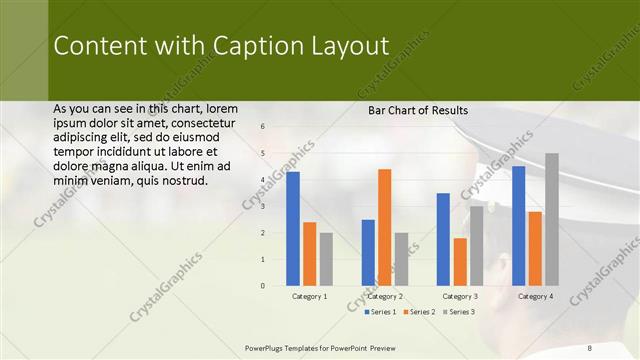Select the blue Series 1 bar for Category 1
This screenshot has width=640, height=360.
click(293, 229)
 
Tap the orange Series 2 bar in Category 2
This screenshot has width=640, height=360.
click(384, 227)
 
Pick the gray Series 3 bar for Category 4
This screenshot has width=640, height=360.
click(551, 219)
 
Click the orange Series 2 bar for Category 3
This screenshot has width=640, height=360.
click(460, 262)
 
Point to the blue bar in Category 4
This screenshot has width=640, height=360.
click(518, 226)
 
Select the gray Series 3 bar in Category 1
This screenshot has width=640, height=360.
click(326, 259)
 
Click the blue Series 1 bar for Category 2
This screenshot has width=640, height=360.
click(368, 253)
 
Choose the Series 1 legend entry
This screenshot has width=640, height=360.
click(353, 312)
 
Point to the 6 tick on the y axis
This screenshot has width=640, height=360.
click(262, 127)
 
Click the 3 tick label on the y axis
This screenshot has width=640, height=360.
click(262, 206)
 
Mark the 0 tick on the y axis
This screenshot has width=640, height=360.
click(262, 286)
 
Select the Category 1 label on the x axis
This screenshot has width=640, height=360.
click(309, 296)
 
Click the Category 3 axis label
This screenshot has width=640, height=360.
click(460, 296)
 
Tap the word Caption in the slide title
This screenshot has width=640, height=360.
click(251, 46)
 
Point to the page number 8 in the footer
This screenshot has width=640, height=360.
click(590, 347)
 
